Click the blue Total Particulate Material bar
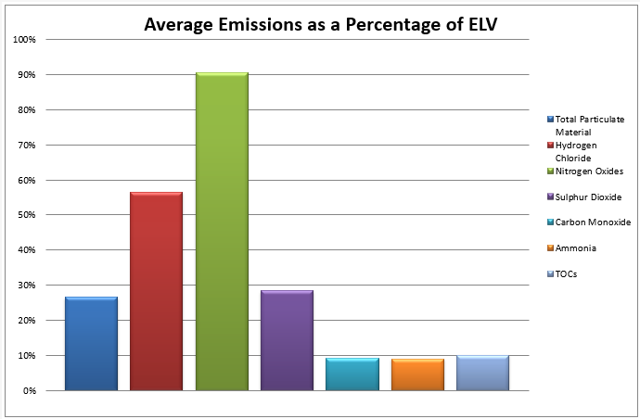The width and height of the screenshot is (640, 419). coord(91,343)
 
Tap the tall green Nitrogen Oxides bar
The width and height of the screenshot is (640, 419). coord(221,232)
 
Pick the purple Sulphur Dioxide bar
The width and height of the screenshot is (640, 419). coord(287,340)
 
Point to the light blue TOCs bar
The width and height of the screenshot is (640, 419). coord(482,373)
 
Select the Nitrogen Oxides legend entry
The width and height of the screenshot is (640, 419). coord(589,171)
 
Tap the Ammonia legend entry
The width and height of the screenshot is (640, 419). coord(576,248)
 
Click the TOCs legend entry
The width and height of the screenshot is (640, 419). coord(567,273)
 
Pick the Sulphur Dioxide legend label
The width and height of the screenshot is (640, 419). coord(588,197)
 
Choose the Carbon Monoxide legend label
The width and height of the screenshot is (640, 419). coord(592,222)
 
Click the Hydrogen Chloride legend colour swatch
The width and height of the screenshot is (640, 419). coord(550,146)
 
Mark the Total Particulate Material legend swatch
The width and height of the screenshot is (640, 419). coord(550,120)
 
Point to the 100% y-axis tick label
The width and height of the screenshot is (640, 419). coord(24,40)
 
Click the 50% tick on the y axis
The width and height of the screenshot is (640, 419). coord(27,215)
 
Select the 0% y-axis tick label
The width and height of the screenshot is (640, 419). coord(29,390)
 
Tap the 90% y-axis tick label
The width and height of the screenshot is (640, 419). coord(27,75)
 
